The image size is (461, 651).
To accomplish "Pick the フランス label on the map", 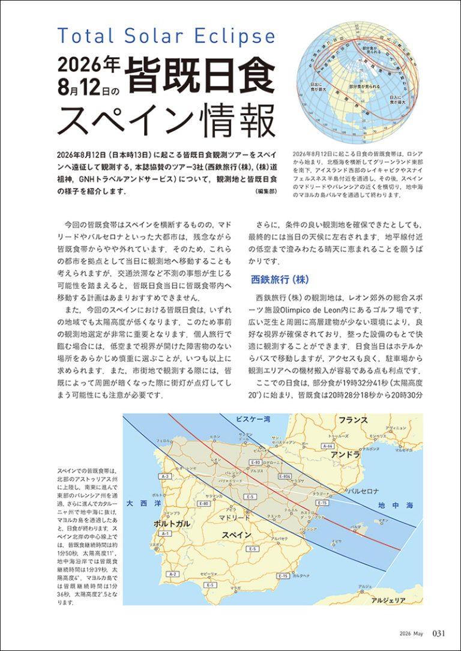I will [353, 420].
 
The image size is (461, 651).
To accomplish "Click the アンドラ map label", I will [345, 455].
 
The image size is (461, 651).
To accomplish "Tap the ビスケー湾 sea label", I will [252, 419].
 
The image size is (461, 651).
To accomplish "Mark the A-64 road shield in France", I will [328, 446].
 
